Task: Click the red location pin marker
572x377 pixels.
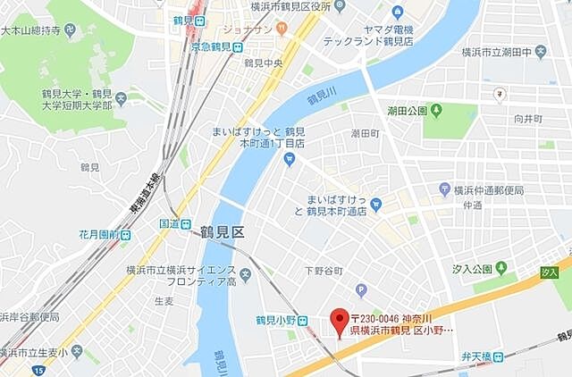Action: point(339,319)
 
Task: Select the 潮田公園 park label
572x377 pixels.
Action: point(407,113)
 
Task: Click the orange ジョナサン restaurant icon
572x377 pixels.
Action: point(282,29)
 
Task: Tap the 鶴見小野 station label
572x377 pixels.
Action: point(274,319)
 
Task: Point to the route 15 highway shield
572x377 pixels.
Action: point(38,370)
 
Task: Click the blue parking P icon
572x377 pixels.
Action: point(361,289)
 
